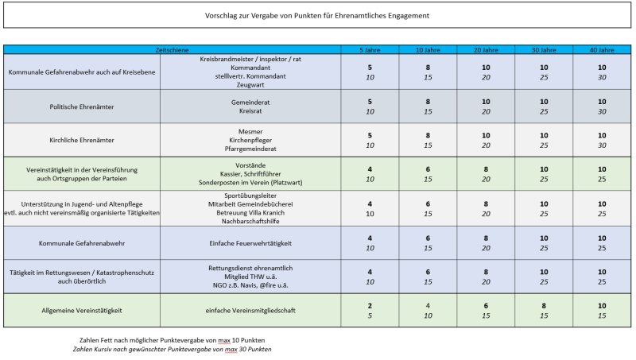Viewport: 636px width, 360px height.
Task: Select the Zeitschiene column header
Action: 172,50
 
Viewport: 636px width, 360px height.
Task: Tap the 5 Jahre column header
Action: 370,50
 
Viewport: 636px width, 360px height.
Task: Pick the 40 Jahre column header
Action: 602,50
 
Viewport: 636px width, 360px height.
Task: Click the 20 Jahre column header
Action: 486,50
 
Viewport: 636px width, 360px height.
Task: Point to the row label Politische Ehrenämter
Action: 82,106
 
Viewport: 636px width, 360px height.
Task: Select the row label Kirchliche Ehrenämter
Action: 82,140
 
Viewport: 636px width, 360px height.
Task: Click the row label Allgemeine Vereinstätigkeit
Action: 82,310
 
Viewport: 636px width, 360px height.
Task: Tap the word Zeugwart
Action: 250,85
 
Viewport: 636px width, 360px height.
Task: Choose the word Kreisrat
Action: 250,110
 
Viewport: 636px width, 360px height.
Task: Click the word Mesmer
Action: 250,131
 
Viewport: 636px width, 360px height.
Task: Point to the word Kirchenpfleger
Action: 250,140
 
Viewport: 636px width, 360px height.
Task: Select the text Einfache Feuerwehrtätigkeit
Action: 250,243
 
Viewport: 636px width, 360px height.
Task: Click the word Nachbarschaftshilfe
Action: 250,221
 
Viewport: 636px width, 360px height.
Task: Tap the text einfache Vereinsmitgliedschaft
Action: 250,310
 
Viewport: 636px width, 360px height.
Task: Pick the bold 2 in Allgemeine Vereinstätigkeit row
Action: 370,306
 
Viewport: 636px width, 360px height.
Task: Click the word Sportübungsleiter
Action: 250,195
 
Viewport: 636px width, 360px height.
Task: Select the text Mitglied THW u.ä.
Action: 250,277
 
